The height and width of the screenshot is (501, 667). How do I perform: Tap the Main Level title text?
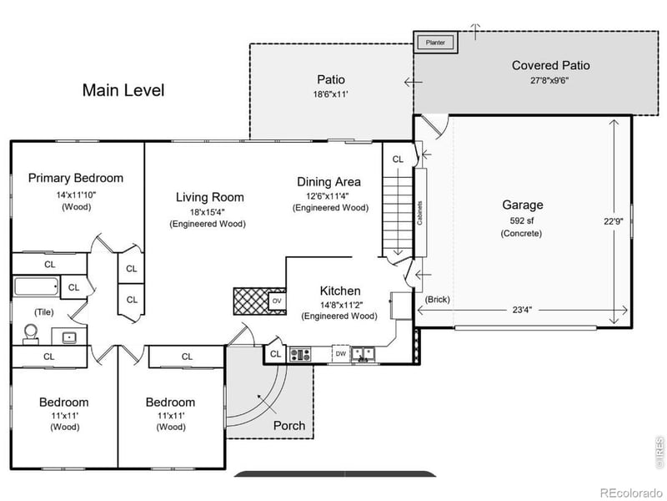click(x=123, y=90)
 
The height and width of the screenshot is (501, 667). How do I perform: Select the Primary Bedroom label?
click(x=76, y=178)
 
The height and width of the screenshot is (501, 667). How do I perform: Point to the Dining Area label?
click(x=329, y=182)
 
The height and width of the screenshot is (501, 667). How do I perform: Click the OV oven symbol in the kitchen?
click(x=277, y=301)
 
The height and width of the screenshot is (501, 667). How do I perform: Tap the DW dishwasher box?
click(x=340, y=354)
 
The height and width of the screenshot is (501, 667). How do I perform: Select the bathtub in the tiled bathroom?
click(x=37, y=287)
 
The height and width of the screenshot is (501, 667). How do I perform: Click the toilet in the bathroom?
click(x=32, y=333)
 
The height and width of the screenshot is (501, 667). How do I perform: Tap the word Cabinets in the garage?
click(x=419, y=215)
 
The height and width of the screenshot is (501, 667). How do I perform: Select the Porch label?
click(x=289, y=426)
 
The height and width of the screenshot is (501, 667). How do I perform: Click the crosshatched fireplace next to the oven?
click(x=249, y=301)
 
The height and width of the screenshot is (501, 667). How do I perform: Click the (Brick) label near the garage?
click(x=436, y=299)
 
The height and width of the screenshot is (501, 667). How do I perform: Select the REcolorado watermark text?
click(x=630, y=492)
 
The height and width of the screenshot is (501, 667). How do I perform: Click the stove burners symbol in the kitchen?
click(x=300, y=354)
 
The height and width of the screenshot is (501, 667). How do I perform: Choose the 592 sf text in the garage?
click(x=522, y=220)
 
